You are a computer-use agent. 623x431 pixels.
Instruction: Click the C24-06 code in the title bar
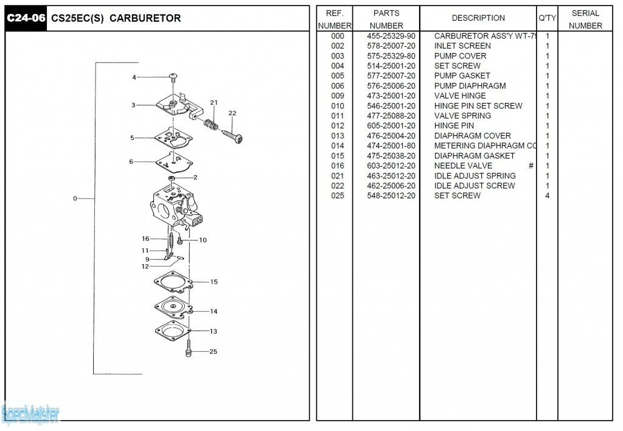(26, 18)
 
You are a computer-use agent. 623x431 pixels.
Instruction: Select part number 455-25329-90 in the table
(391, 36)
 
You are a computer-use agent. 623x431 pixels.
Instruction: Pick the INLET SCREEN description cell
(462, 46)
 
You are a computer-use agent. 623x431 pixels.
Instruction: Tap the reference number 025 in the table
(338, 195)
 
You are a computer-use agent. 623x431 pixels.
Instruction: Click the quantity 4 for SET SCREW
(548, 195)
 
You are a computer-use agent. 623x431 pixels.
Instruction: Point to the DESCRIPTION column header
(478, 18)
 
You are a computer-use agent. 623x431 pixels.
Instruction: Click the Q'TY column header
(547, 18)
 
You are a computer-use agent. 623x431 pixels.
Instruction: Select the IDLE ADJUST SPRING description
(475, 175)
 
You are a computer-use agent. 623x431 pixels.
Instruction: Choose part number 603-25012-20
(391, 166)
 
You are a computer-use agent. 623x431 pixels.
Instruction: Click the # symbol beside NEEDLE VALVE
(531, 166)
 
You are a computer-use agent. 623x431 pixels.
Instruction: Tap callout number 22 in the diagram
(232, 113)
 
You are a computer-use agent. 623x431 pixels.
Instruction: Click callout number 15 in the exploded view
(214, 282)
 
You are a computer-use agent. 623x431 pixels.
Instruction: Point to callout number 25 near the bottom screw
(213, 351)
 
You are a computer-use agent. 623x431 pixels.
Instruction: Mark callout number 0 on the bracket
(75, 198)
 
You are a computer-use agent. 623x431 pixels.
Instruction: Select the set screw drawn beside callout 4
(173, 77)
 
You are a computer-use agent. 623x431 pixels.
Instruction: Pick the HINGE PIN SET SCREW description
(478, 106)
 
